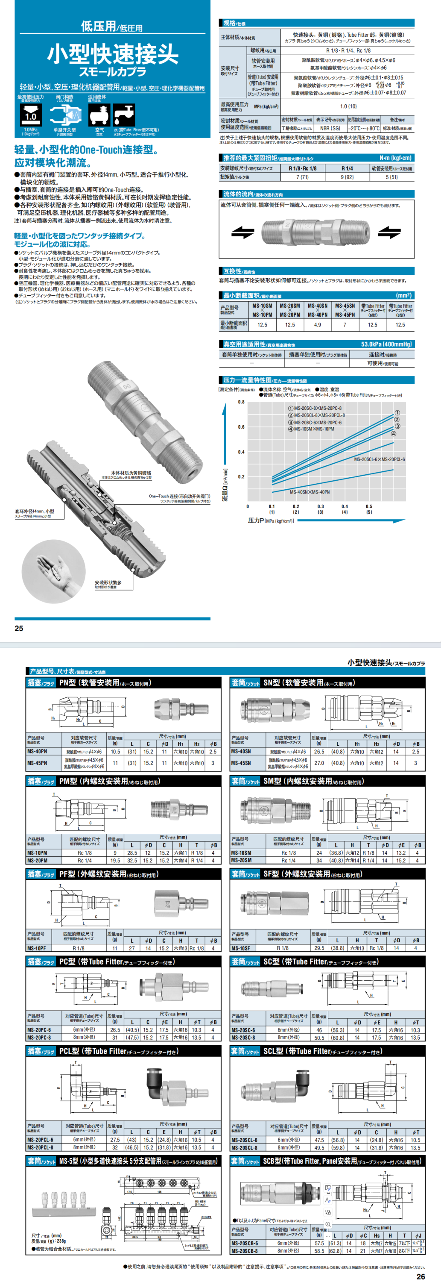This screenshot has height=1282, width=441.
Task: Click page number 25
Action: [19, 628]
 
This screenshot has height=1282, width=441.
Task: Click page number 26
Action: [421, 1276]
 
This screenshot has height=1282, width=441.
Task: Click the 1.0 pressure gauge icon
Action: [30, 115]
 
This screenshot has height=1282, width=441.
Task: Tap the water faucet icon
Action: [124, 115]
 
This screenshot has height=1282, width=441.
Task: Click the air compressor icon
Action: [99, 115]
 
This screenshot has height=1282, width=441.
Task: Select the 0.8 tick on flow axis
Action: [241, 402]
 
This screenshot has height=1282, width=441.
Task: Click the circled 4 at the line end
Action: [394, 433]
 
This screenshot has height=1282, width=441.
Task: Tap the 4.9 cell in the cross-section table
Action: [317, 324]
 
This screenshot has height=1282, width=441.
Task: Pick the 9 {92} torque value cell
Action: [347, 176]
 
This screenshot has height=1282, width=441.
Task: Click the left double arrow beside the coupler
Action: [242, 232]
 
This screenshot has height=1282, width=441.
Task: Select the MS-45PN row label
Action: [37, 762]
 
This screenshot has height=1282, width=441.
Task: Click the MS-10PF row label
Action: [37, 948]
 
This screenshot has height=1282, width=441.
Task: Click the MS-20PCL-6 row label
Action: [40, 1139]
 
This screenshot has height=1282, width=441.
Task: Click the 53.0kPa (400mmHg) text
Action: [386, 344]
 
